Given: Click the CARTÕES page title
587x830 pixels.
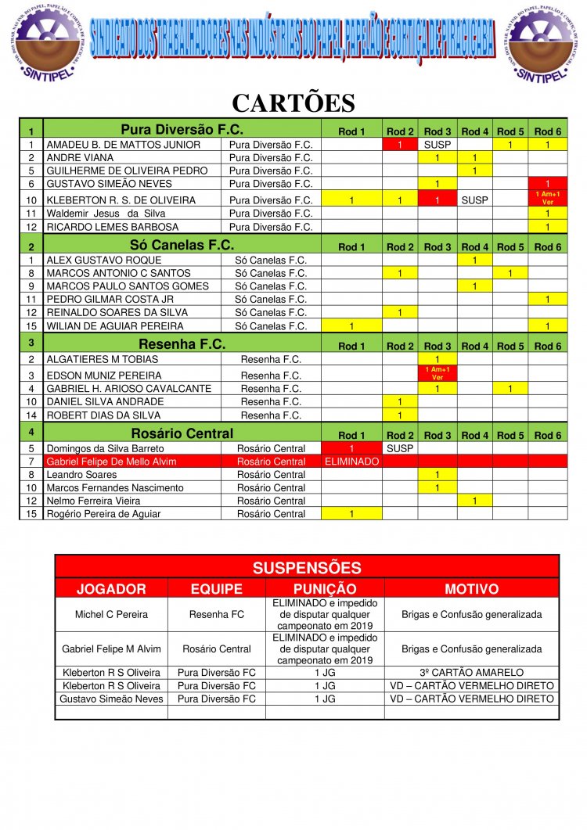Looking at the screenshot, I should coord(293,103).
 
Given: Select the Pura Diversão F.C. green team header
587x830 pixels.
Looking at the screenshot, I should coord(182,130).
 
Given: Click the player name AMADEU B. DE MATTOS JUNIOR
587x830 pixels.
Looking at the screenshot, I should coord(124,145).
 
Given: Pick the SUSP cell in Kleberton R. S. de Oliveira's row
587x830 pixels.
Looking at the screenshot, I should coord(474,200).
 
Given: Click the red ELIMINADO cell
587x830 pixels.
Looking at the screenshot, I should coord(351,462).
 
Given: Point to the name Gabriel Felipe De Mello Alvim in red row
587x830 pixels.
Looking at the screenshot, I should coord(111,462).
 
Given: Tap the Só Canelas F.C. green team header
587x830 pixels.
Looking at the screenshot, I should coord(182,245).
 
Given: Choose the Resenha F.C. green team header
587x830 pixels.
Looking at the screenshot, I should coord(182,344).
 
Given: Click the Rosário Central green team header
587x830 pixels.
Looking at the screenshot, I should coord(182,434).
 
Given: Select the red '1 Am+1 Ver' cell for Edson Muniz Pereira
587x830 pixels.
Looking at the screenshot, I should coord(438,374).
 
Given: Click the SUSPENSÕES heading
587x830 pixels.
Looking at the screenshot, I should coord(307,568).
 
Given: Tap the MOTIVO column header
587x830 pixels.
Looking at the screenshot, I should coord(472,588).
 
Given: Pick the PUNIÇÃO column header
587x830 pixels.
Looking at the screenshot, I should coord(325,588).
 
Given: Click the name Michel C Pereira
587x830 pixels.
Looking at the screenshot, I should coord(111,615).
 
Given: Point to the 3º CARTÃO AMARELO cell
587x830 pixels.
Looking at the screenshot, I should coord(472,673).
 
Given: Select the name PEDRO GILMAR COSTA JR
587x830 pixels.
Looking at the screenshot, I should coord(110,299).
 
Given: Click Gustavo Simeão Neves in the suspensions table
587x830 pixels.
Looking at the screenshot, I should coord(111,699).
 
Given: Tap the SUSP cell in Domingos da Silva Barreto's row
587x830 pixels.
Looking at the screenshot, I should coord(400,449).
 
